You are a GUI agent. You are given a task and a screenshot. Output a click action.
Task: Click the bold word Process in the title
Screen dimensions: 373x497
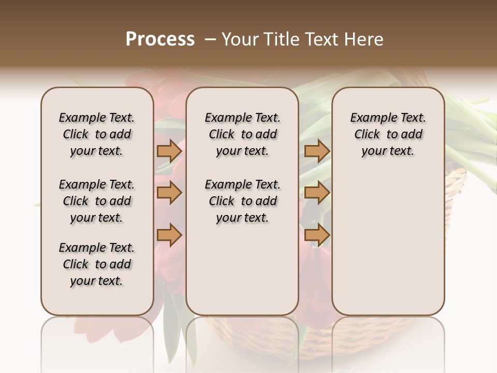[160, 39]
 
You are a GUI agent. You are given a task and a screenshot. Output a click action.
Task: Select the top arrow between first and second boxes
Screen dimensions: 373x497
[169, 151]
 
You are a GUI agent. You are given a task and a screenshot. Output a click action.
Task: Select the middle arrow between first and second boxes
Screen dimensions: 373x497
[169, 193]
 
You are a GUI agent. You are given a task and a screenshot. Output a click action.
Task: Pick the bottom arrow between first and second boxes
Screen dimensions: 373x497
[169, 235]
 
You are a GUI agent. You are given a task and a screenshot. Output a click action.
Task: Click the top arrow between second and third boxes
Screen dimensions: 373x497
[317, 151]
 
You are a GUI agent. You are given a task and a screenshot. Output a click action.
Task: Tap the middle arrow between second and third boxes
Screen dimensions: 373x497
[317, 193]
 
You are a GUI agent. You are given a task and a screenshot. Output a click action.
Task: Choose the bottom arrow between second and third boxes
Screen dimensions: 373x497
[317, 235]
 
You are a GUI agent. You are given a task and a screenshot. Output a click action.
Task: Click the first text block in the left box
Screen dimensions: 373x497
[97, 134]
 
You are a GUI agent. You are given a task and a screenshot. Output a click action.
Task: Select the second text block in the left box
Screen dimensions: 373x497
[97, 201]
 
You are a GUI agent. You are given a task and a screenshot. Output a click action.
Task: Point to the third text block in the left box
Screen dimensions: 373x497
[97, 264]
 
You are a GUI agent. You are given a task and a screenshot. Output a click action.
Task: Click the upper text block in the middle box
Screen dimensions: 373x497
[242, 134]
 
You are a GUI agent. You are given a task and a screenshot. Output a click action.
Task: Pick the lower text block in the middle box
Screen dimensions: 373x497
[242, 201]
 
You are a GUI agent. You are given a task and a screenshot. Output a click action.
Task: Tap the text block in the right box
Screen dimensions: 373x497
[388, 134]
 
